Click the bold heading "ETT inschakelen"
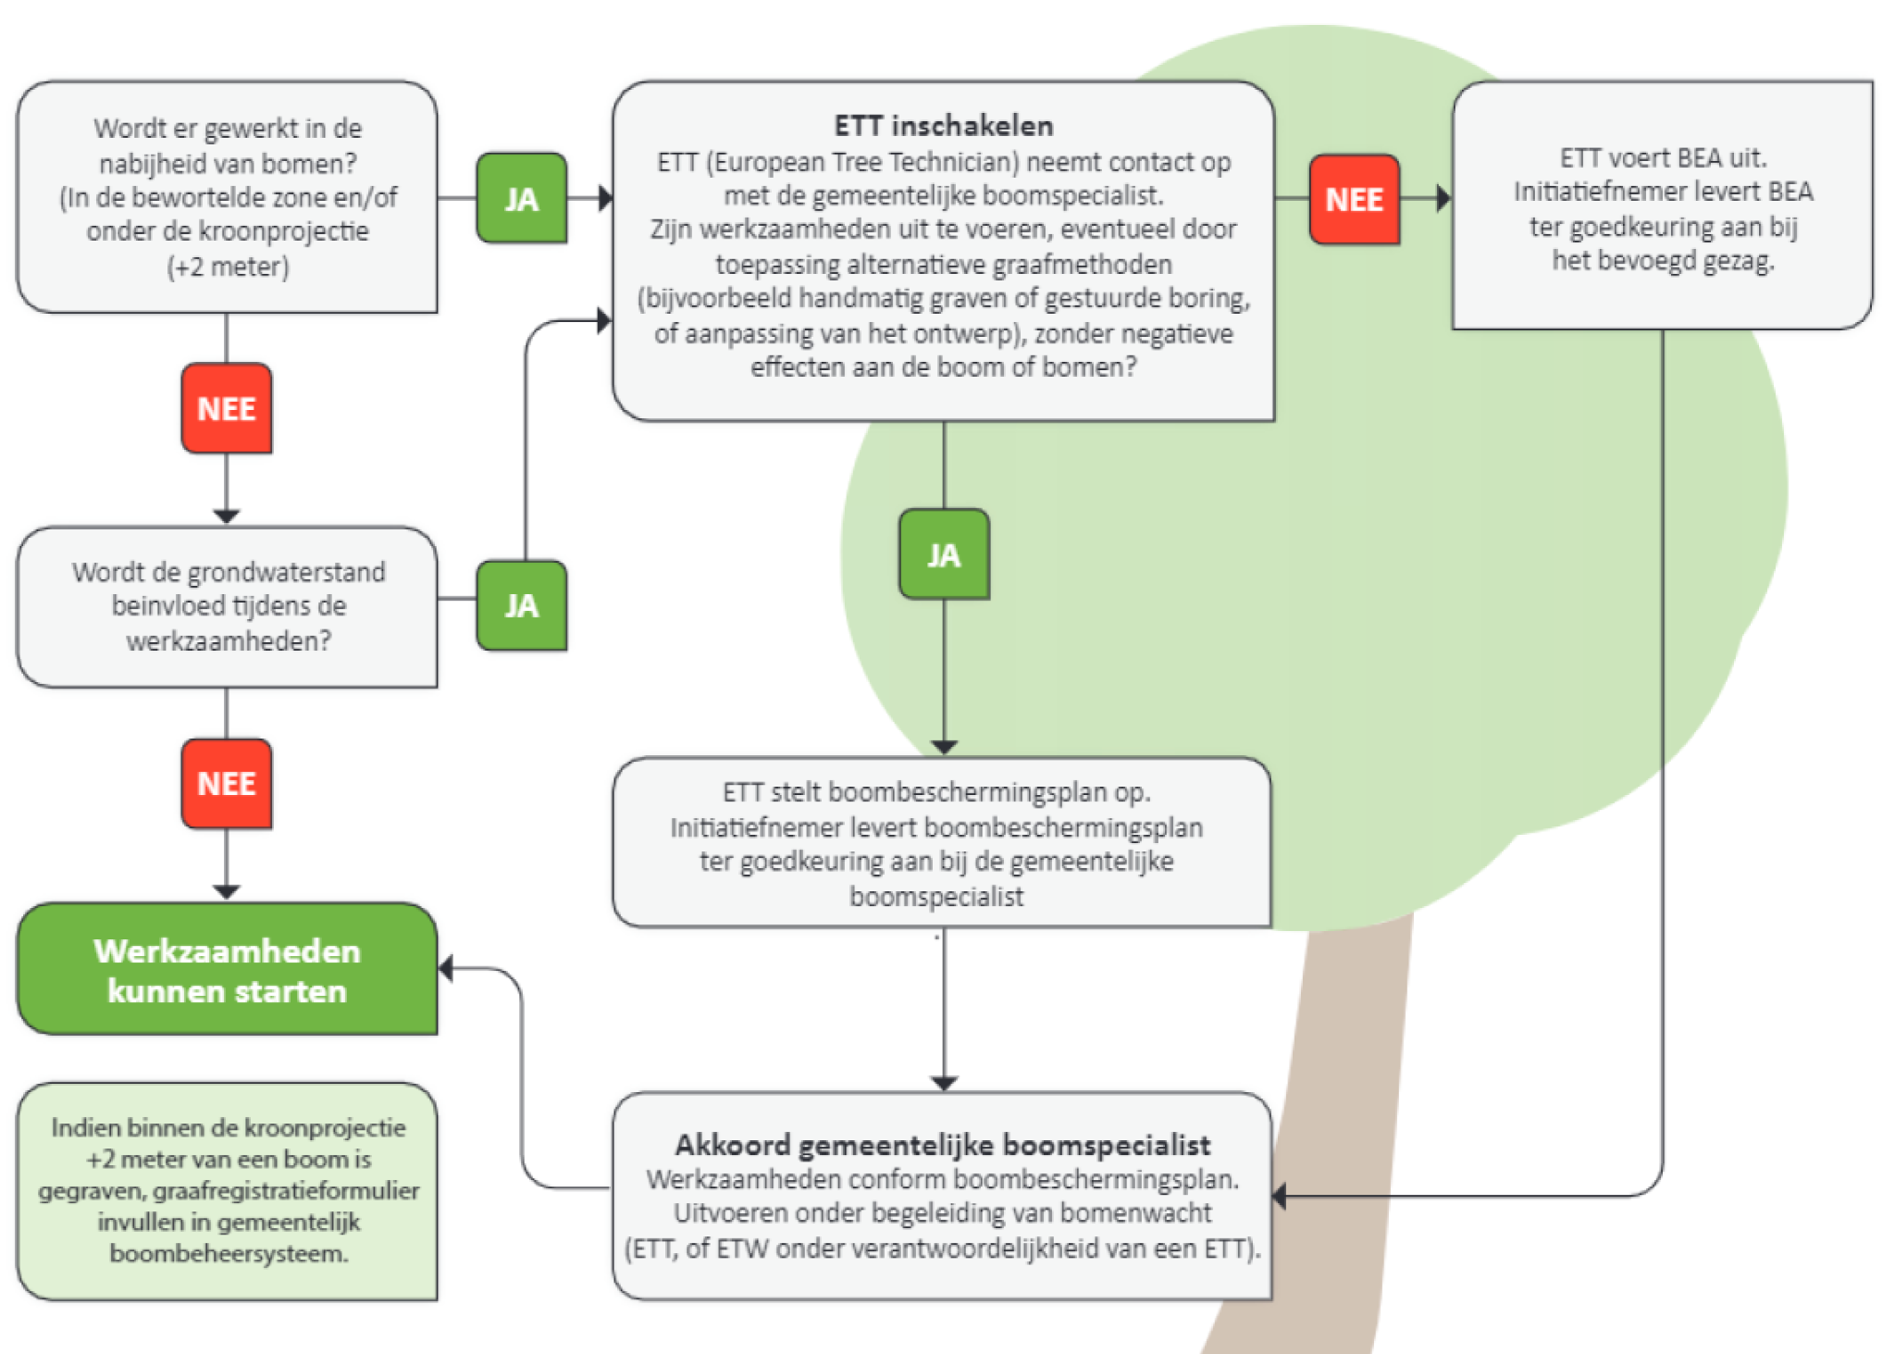[943, 126]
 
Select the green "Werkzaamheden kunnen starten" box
[227, 970]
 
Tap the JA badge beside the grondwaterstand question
[522, 606]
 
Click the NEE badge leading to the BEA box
[1354, 200]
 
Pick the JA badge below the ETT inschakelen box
[944, 554]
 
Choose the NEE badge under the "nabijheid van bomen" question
[227, 408]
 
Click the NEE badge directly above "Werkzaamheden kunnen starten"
[227, 784]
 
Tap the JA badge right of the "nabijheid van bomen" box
[522, 199]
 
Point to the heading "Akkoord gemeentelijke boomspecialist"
[942, 1145]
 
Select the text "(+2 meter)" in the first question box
[228, 267]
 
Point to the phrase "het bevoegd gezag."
[1663, 261]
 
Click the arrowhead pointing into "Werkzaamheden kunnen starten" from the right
[446, 969]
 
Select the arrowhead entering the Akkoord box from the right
[1280, 1196]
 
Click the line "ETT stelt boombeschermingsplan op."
[936, 792]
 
